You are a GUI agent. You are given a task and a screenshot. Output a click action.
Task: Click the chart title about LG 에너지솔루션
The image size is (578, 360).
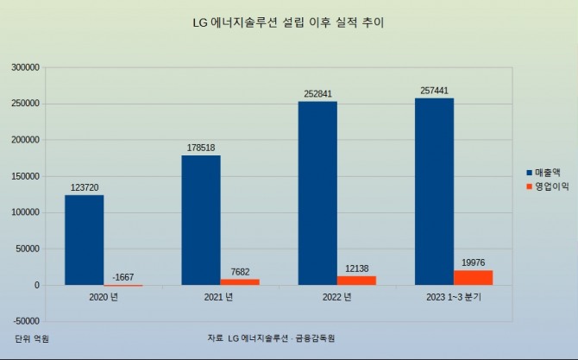click(288, 22)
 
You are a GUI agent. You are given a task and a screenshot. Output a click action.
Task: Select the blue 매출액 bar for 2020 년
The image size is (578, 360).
click(84, 240)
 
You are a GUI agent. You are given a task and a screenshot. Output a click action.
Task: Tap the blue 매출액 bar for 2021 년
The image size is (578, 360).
click(201, 220)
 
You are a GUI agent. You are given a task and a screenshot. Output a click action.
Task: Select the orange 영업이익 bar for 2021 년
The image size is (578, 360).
click(240, 281)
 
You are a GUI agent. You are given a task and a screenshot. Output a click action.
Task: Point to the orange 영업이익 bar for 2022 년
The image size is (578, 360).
click(356, 280)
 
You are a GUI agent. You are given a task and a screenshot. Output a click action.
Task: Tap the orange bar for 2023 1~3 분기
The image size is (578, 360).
click(473, 277)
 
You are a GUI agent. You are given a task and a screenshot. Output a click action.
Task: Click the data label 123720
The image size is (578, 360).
click(85, 187)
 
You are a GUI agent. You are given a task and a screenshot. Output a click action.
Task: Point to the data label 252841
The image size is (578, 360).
click(318, 93)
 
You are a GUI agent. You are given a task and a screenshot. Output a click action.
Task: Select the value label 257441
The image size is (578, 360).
click(435, 90)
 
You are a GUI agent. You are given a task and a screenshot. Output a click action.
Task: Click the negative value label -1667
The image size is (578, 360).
click(123, 276)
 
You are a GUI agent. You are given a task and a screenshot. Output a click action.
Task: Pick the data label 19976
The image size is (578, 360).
click(474, 262)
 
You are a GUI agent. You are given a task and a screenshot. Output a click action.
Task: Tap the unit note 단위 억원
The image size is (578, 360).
click(32, 338)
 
